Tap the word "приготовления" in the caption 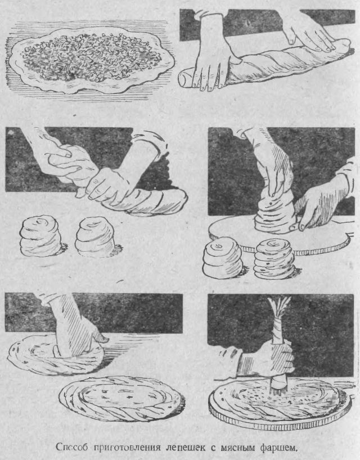128,447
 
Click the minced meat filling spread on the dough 91,57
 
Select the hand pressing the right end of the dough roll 310,33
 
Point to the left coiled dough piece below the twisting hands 40,236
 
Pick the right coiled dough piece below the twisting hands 94,237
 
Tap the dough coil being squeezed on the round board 274,213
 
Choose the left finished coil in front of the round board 223,258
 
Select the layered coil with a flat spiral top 274,259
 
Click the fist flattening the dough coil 78,337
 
